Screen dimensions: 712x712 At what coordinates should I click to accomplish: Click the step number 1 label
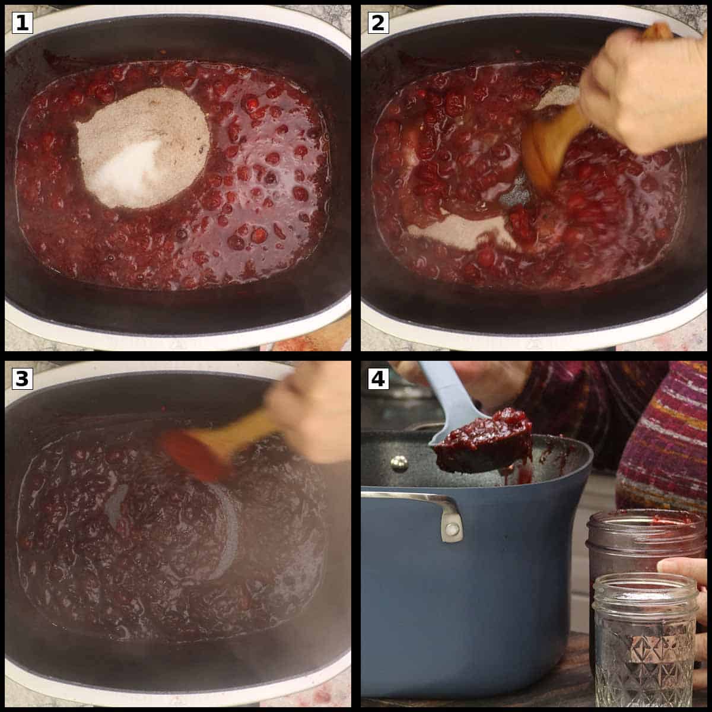coord(22,23)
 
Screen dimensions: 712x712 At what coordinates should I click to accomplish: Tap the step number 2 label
coord(378,23)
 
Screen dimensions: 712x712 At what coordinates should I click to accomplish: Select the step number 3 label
coord(22,379)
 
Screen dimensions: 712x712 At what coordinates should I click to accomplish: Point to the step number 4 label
coord(378,379)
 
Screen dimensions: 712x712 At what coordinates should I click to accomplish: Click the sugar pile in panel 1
coord(142,147)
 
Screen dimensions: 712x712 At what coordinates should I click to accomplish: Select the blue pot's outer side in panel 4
coord(462,599)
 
